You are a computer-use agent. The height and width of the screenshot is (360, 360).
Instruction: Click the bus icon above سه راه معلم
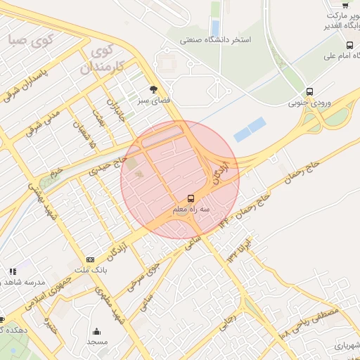(x=191, y=198)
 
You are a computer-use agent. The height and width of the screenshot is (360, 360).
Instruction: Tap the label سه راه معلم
(x=191, y=210)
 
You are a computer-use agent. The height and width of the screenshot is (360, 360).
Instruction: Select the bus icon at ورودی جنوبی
(x=309, y=91)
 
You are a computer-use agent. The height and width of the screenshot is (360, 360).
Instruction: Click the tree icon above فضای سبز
(x=154, y=89)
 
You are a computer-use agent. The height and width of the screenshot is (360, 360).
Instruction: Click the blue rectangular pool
(x=250, y=129)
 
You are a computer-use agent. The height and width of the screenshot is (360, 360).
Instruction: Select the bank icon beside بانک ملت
(x=89, y=259)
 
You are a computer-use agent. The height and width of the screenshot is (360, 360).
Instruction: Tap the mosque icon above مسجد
(x=96, y=331)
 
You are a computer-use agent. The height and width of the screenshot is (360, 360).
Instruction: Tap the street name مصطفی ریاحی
(x=310, y=321)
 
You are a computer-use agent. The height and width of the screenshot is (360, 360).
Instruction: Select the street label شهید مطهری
(x=112, y=310)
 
